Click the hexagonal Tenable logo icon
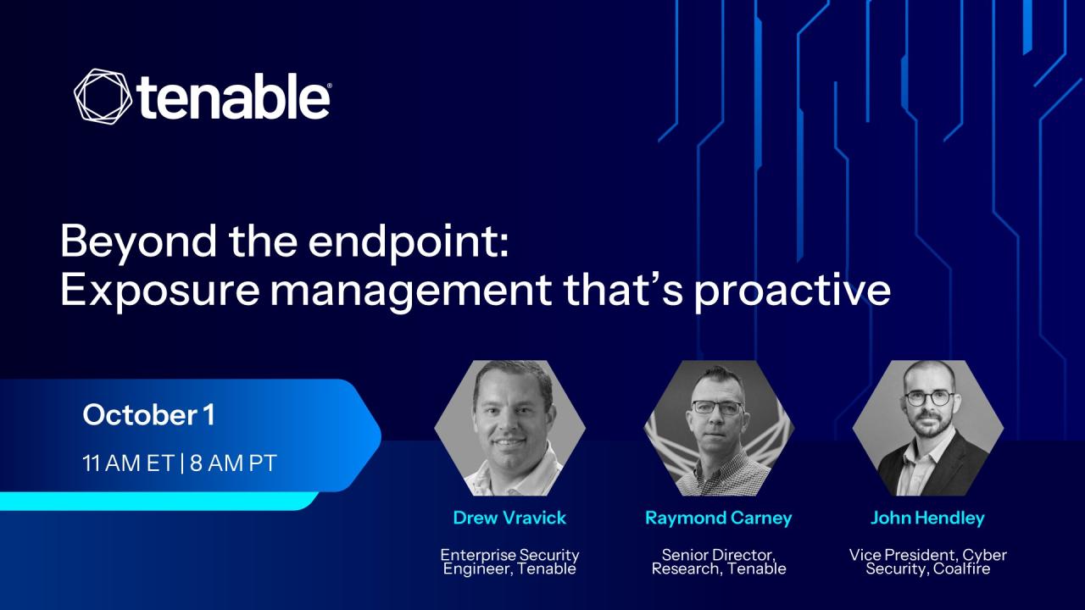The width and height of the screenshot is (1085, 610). point(103,96)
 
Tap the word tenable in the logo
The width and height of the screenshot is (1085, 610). point(235,96)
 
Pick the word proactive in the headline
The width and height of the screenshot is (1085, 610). point(793,292)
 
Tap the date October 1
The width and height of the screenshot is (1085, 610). point(148,415)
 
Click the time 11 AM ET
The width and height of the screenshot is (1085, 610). point(128,463)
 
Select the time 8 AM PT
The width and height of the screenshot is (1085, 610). point(233,463)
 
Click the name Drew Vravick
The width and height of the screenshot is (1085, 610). point(509,518)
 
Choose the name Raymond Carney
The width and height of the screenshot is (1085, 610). point(719,518)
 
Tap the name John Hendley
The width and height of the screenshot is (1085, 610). point(927,518)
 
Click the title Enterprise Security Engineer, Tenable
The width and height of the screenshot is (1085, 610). point(509,562)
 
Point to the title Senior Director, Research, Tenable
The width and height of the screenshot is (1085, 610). point(719,562)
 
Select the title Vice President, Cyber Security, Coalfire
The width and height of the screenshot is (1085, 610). point(927,562)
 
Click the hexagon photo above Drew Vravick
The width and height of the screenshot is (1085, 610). point(510,428)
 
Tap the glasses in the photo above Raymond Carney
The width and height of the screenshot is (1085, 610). point(718,408)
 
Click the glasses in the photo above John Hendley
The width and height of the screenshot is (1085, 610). point(929,398)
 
